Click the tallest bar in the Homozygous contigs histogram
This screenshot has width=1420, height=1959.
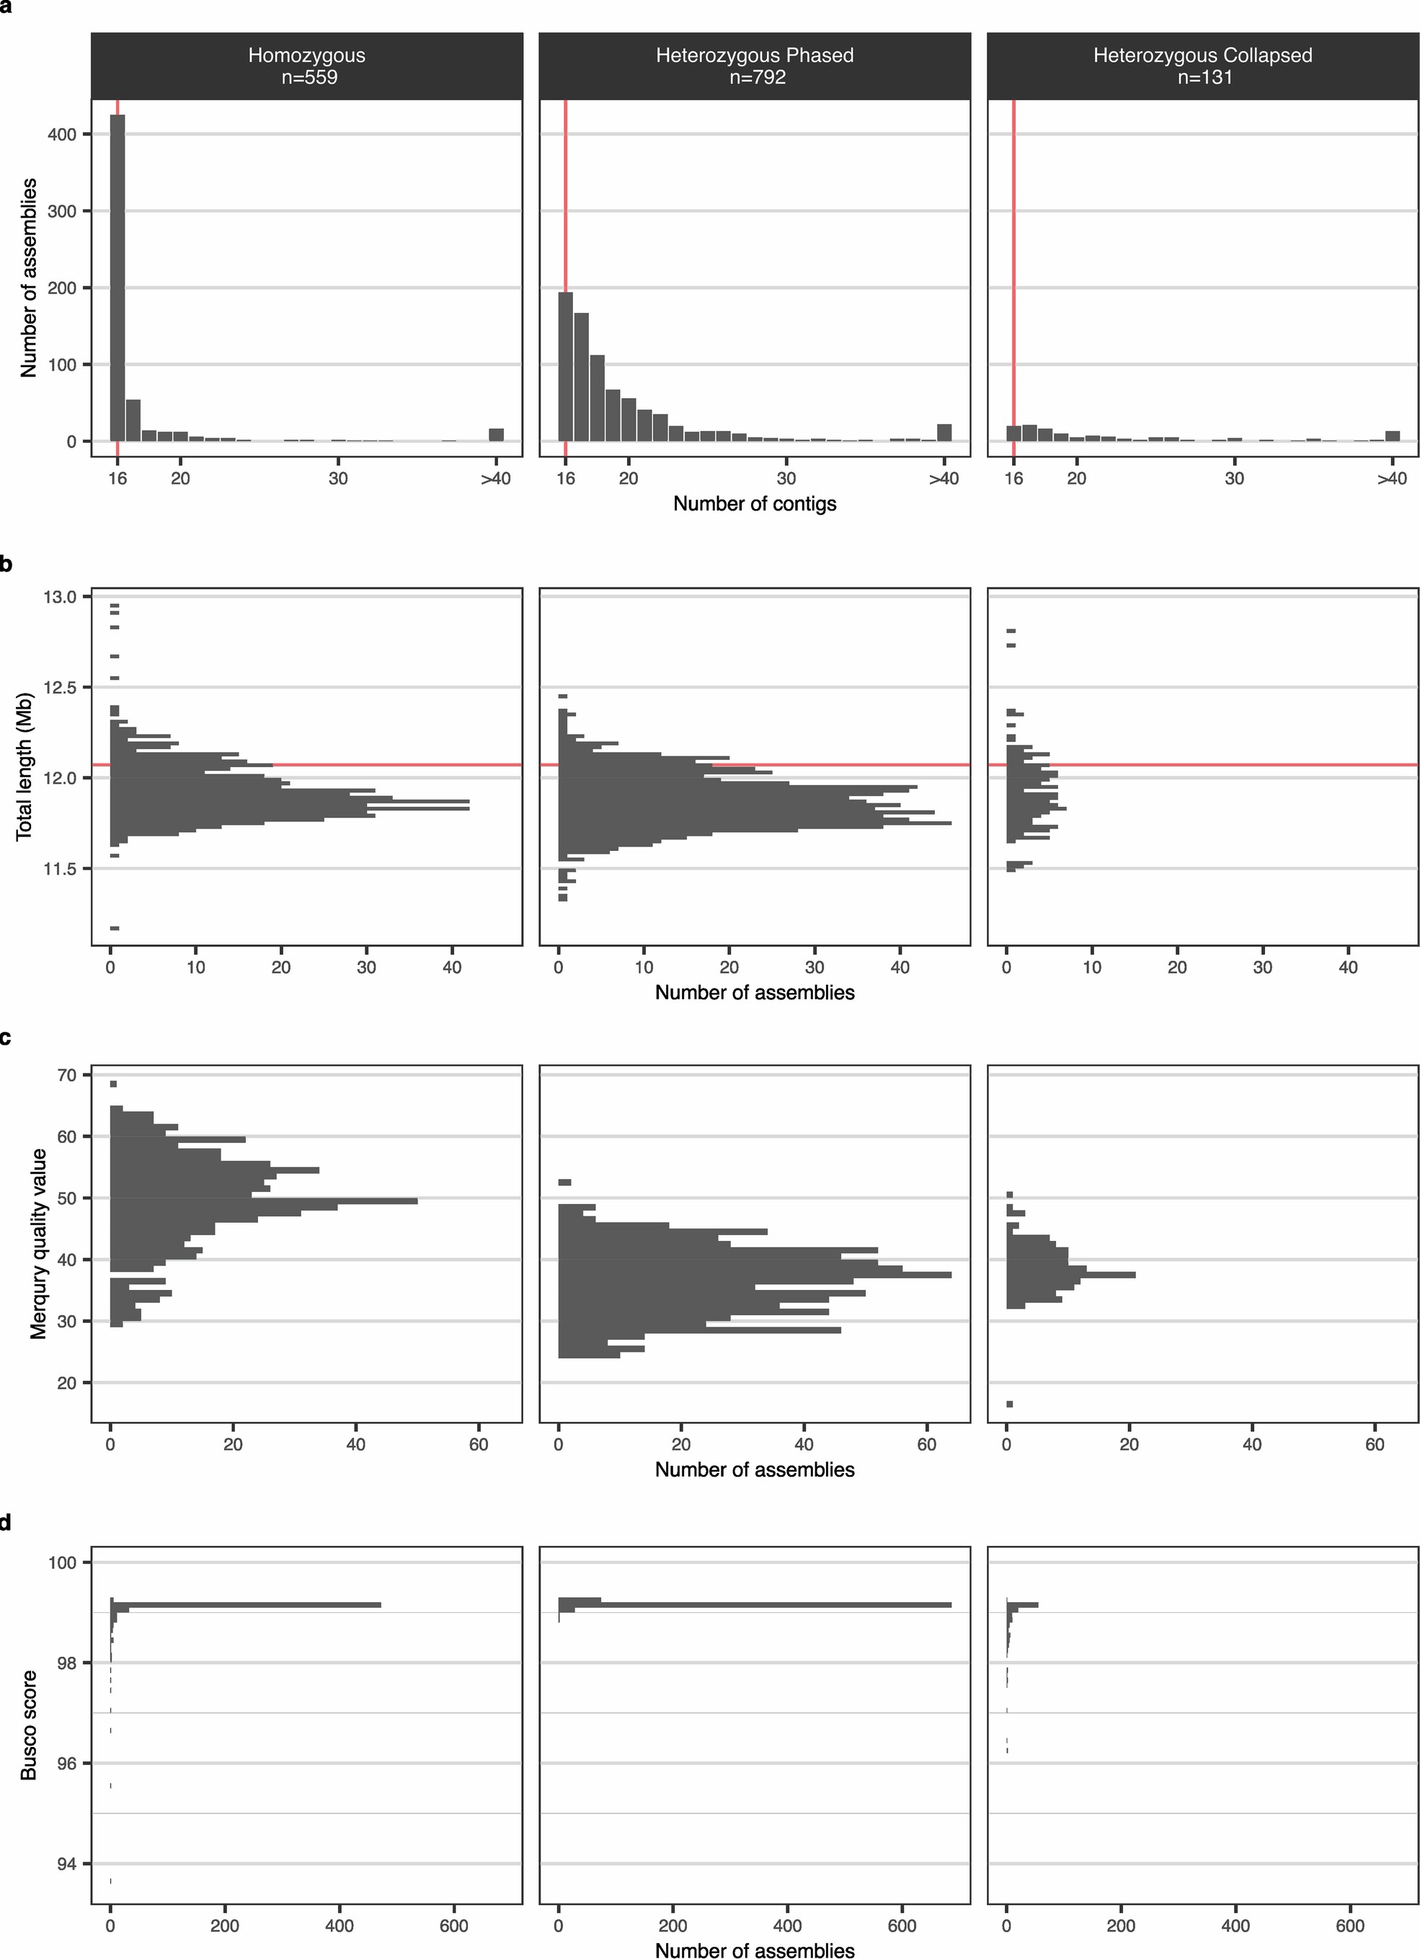pos(117,276)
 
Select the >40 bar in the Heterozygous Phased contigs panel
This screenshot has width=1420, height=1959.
pos(944,432)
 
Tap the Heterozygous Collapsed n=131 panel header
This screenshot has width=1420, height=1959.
pos(1202,66)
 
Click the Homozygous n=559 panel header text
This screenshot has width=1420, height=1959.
pos(306,66)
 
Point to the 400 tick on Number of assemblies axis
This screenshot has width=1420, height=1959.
pos(66,134)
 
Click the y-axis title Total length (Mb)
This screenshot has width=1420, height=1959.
pos(25,765)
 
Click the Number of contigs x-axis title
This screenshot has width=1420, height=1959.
pos(754,503)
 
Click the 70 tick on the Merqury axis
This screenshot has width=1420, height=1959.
pos(67,1075)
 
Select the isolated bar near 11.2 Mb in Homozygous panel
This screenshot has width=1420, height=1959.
pos(115,928)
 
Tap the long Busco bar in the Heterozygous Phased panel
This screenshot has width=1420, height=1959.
pos(760,1605)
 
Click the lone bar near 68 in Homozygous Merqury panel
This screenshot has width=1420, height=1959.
pos(113,1084)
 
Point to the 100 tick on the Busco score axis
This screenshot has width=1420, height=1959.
pos(64,1562)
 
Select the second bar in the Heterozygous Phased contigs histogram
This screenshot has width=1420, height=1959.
pos(581,376)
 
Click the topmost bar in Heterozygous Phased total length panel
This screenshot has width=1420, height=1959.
pos(562,695)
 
